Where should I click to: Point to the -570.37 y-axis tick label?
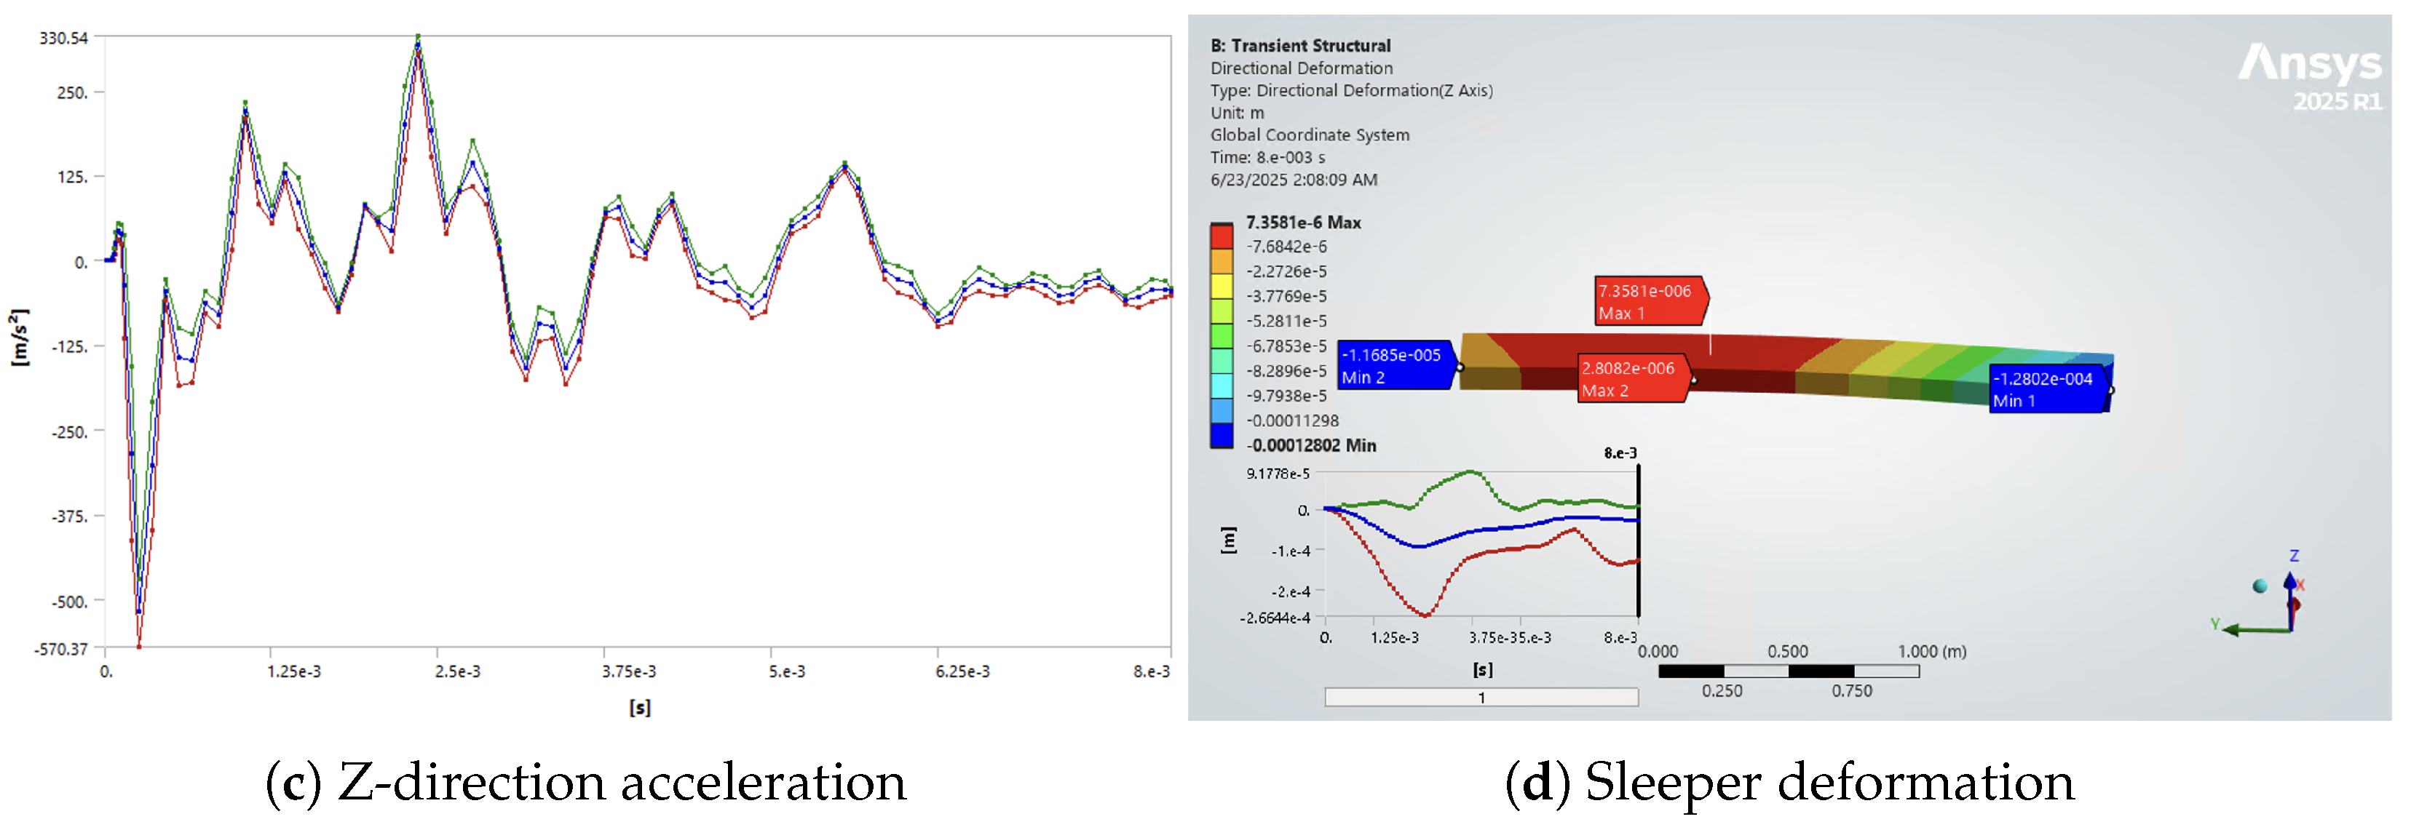[62, 648]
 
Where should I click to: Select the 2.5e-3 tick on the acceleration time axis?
[458, 671]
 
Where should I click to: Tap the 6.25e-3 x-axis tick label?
[962, 671]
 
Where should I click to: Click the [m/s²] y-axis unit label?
[19, 338]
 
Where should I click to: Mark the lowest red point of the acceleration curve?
[138, 646]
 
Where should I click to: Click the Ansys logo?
[2310, 76]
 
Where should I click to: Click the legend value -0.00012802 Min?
[1311, 445]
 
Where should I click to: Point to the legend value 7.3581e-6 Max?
[1303, 223]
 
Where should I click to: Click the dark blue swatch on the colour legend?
[1222, 435]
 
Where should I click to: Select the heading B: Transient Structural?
[1300, 46]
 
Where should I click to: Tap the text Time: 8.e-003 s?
[1267, 157]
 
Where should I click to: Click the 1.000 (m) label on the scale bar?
[1932, 651]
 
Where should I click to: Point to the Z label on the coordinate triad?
[2294, 556]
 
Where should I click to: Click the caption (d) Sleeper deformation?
[1789, 782]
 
